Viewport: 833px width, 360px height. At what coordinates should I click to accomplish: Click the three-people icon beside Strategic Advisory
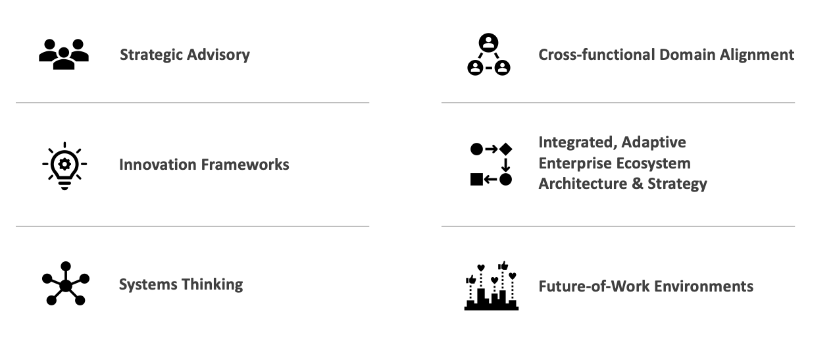tap(64, 54)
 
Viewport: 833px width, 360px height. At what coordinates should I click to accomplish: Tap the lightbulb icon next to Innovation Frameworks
tap(64, 165)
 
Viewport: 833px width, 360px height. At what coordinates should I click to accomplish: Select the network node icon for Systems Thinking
tap(65, 284)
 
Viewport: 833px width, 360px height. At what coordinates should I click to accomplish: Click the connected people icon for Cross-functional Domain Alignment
tap(488, 55)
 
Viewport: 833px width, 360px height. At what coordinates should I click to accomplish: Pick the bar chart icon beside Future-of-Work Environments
tap(491, 286)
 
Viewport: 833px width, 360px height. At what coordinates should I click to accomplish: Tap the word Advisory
tap(218, 55)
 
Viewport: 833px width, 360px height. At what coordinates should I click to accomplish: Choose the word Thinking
tap(212, 284)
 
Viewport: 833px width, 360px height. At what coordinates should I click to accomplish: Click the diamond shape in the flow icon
tap(505, 149)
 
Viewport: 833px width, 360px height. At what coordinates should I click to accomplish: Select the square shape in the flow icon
tap(476, 180)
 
